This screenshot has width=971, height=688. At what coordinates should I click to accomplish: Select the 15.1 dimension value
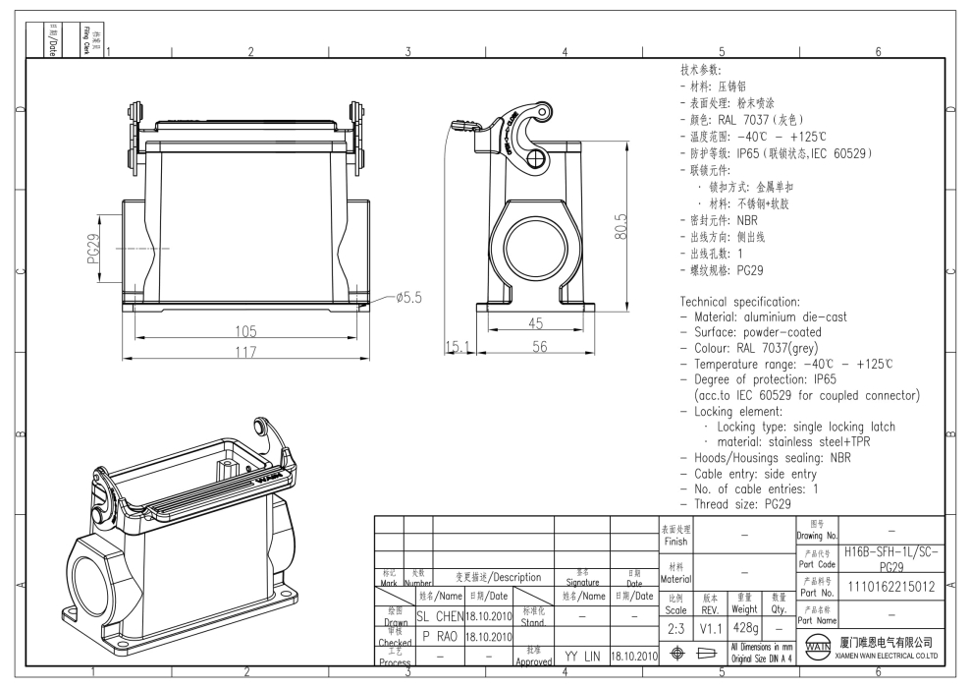[459, 348]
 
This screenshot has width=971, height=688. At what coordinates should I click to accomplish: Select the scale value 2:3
[675, 626]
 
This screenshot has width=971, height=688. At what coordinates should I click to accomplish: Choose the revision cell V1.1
[711, 626]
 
